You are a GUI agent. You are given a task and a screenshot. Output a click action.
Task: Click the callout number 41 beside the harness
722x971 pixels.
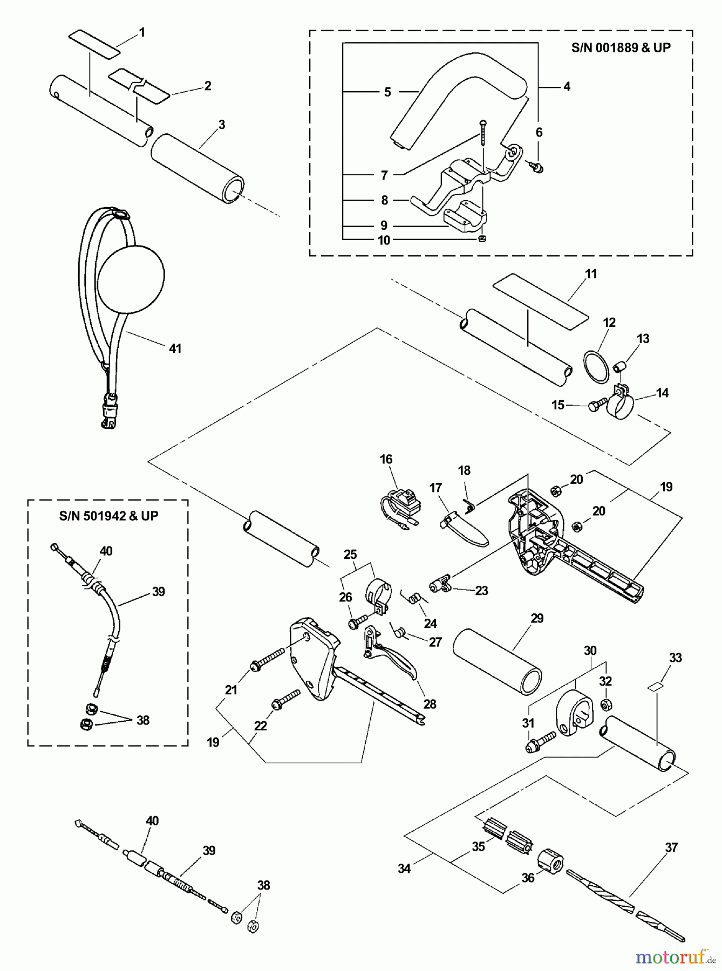[x=175, y=348]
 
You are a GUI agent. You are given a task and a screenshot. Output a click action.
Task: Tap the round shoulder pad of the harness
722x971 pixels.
[x=131, y=275]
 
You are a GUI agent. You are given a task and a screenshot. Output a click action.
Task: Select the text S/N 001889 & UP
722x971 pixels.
[x=621, y=47]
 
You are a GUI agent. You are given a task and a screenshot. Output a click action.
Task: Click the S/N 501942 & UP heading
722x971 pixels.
[x=108, y=516]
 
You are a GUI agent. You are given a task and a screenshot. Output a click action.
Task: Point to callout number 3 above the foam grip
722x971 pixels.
[x=221, y=125]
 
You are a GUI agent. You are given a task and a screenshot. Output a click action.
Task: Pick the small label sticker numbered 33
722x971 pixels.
[x=656, y=687]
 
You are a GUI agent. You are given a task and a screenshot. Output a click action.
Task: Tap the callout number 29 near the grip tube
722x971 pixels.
[x=537, y=619]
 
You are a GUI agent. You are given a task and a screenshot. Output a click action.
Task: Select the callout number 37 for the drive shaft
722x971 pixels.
[x=671, y=847]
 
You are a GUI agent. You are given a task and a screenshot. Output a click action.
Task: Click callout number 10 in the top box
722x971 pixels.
[x=384, y=241]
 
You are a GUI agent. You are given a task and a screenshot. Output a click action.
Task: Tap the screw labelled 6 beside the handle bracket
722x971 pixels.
[x=537, y=168]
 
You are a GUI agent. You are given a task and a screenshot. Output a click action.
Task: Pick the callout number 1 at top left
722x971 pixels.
[x=142, y=32]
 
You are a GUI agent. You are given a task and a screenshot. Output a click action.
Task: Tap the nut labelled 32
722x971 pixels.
[x=605, y=703]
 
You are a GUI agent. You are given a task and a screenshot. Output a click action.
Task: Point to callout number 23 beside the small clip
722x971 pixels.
[x=481, y=591]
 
